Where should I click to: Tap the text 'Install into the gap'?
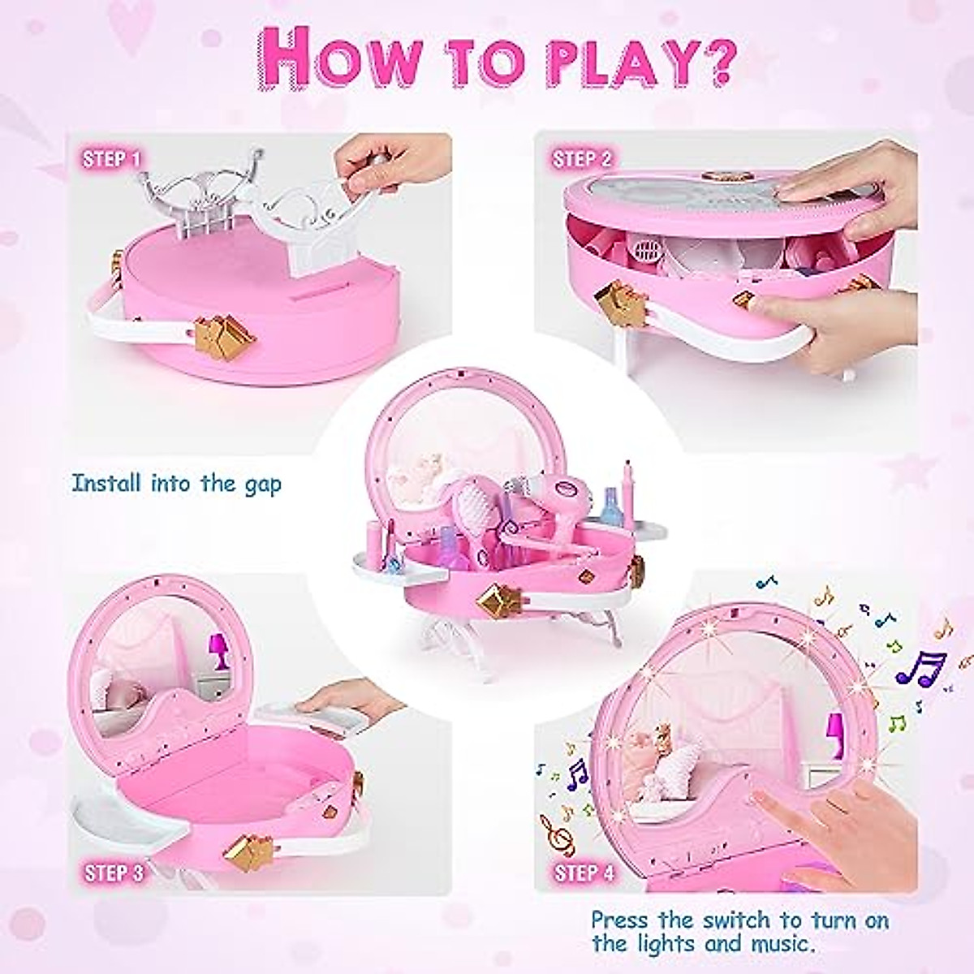pos(176,485)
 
